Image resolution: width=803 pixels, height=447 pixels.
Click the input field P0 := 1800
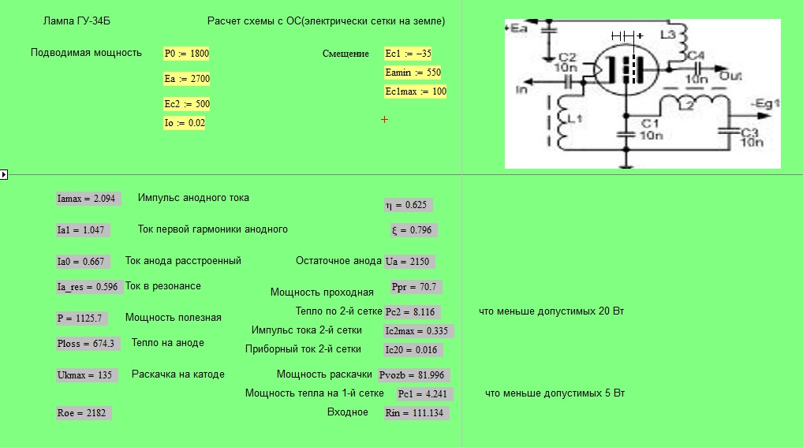point(186,54)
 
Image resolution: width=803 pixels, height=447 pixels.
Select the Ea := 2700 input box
point(187,78)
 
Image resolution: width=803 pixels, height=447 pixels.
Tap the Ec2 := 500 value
point(187,104)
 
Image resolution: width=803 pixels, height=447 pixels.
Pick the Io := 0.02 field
point(185,123)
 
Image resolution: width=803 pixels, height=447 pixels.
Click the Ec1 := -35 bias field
point(408,54)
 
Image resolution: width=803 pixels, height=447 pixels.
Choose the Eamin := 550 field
point(413,73)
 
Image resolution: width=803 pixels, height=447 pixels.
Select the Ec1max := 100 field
point(416,91)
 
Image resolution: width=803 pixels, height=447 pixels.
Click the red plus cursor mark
point(385,119)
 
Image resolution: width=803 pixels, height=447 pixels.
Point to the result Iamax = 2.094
point(88,199)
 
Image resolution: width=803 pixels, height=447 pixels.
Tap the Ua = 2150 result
point(409,262)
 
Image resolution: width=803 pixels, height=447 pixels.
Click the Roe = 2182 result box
point(84,412)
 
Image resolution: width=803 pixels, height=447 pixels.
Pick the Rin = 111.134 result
point(416,412)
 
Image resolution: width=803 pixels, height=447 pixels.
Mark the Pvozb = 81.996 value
point(414,374)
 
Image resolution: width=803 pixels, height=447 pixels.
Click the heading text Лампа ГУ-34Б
point(77,21)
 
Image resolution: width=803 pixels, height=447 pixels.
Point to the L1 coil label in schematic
point(575,118)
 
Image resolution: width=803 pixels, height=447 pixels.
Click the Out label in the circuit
point(730,76)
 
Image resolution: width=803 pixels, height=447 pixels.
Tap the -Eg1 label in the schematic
point(766,103)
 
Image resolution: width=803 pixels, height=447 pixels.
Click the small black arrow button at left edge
point(4,174)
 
